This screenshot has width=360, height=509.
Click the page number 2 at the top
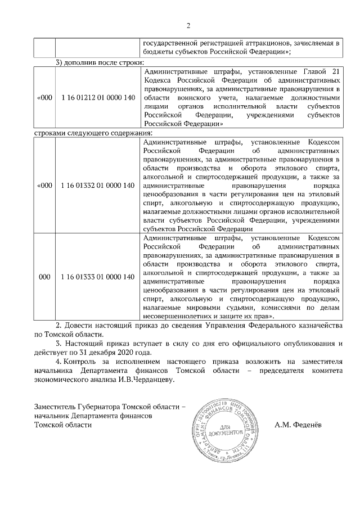click(188, 25)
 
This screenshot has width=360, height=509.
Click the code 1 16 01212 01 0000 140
click(98, 98)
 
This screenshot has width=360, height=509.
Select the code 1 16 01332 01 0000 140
click(98, 185)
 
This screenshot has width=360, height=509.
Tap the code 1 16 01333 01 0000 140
click(98, 277)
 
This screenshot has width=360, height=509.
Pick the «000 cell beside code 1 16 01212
click(44, 98)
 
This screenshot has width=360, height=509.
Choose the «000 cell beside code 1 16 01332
click(44, 185)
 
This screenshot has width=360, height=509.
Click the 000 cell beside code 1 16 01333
click(44, 277)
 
